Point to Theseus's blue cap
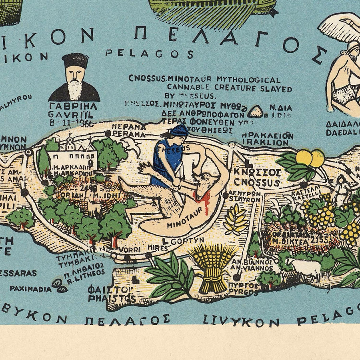click(x=178, y=130)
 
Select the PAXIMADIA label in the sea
click(x=31, y=288)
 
